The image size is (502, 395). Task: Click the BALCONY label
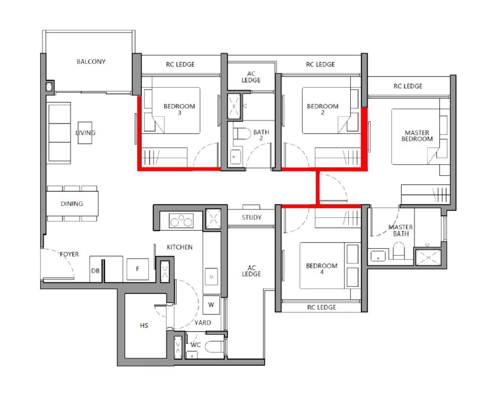(91, 61)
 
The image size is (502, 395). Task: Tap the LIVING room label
(86, 133)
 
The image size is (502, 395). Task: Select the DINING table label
(72, 204)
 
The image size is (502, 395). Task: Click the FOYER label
(69, 254)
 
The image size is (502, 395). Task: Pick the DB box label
(95, 271)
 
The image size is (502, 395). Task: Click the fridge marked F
(138, 269)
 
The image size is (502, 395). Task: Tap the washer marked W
(211, 304)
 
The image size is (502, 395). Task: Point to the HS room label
(144, 326)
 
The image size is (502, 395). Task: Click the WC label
(195, 345)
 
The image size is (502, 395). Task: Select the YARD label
(203, 323)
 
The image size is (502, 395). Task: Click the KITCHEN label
(180, 247)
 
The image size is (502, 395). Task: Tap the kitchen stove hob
(181, 220)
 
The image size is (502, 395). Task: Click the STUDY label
(252, 217)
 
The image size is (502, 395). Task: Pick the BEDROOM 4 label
(321, 269)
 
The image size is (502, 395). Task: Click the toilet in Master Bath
(399, 250)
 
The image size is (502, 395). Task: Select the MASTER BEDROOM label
(417, 136)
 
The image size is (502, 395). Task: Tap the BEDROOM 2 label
(323, 110)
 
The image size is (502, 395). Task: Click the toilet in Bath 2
(242, 133)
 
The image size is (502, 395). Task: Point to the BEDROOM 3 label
(179, 110)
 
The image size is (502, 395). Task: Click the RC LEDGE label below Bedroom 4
(321, 307)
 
